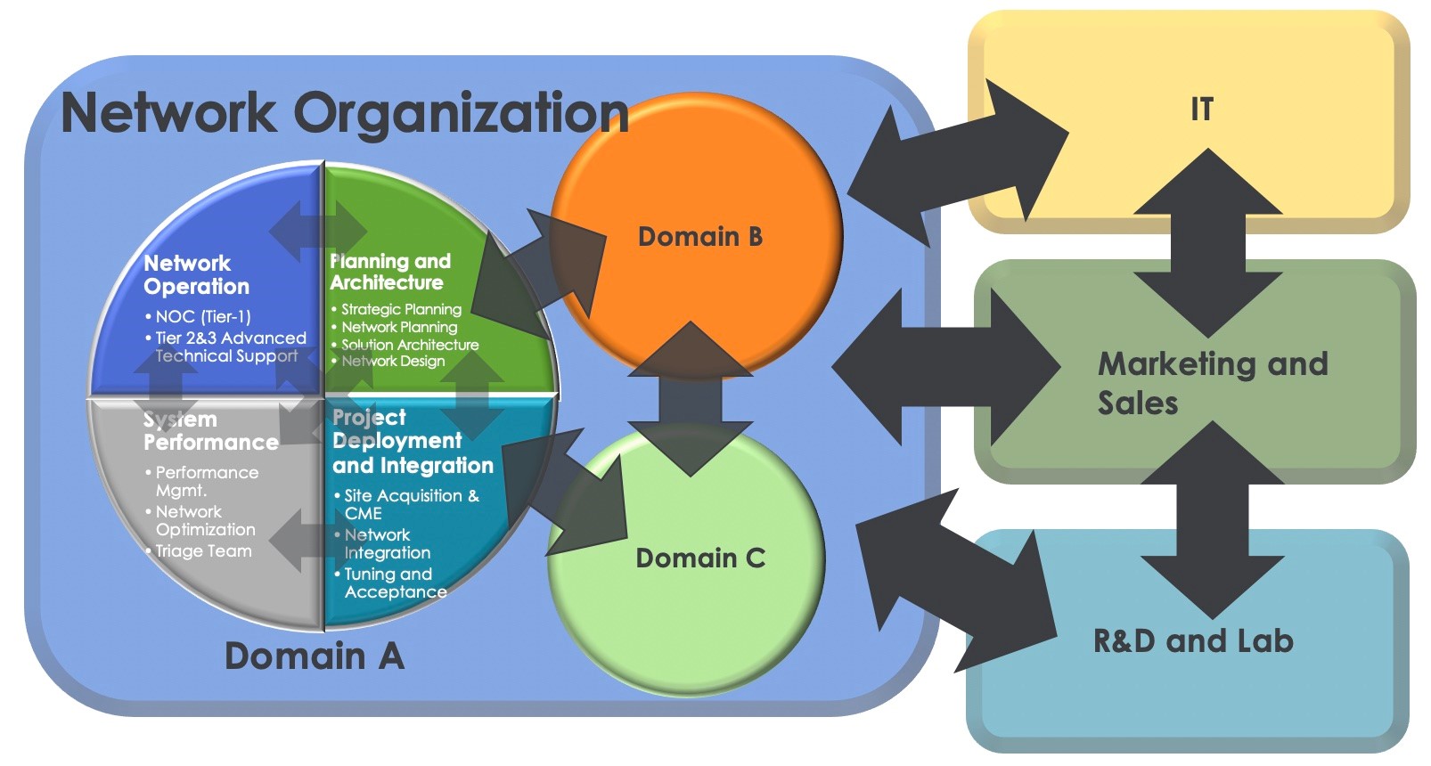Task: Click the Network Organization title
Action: click(x=345, y=112)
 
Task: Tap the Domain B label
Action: click(x=700, y=237)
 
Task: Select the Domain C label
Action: click(x=700, y=558)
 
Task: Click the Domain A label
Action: click(x=315, y=656)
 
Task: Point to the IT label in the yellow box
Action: click(x=1202, y=110)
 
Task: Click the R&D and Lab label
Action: click(x=1193, y=641)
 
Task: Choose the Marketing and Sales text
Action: click(x=1212, y=383)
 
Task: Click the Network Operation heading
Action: click(x=196, y=274)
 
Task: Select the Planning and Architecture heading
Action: click(x=390, y=272)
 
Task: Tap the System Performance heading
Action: click(x=210, y=431)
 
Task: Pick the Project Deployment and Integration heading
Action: click(x=412, y=442)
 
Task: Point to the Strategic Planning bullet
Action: click(x=401, y=309)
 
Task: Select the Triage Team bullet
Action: click(x=203, y=551)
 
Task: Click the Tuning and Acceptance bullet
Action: click(x=395, y=583)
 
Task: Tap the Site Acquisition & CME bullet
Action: click(x=410, y=504)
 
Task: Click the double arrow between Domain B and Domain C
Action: click(x=691, y=398)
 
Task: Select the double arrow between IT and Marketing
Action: click(x=1208, y=242)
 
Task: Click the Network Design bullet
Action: click(x=393, y=361)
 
